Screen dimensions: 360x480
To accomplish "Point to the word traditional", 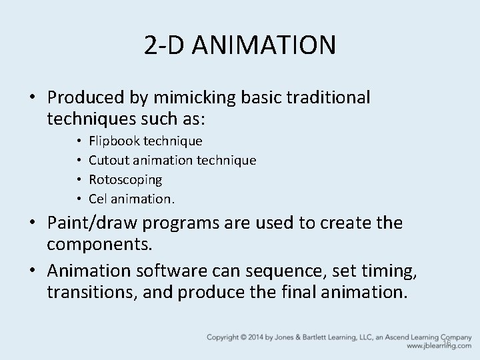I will (x=328, y=98).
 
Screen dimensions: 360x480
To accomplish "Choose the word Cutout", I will (x=109, y=160).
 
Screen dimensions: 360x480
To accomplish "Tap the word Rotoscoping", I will (x=125, y=179).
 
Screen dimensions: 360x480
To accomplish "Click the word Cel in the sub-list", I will (x=98, y=199).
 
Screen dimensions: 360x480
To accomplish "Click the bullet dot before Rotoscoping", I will (x=79, y=179).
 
